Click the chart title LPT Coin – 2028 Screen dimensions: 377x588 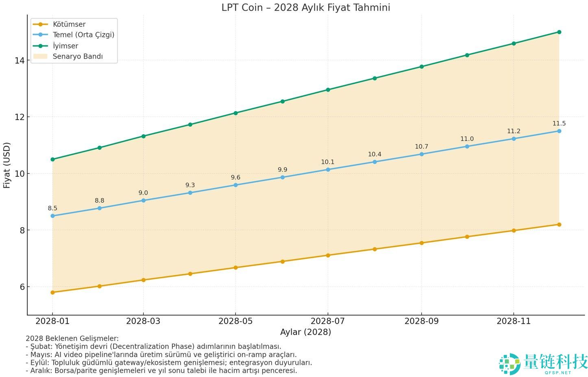pos(305,7)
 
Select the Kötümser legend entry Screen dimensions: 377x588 pos(69,24)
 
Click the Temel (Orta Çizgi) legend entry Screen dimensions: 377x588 pos(83,35)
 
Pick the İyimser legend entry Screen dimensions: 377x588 pos(65,46)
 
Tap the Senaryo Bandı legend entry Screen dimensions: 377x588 pos(78,57)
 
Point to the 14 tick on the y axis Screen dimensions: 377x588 pos(19,61)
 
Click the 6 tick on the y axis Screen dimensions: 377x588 pos(22,287)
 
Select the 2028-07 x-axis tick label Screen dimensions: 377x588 pos(328,321)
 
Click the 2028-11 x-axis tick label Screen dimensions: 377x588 pos(514,321)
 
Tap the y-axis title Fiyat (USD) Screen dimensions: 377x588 pos(7,165)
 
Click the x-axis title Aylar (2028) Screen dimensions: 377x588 pos(305,332)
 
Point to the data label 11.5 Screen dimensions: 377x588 pos(559,124)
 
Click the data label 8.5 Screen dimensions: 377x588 pos(52,208)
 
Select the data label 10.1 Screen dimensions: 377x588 pos(327,162)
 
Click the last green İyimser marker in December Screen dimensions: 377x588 pos(559,32)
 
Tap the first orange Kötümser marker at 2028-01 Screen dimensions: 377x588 pos(52,292)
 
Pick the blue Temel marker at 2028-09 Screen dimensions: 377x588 pos(421,154)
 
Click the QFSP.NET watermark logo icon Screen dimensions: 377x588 pos(510,364)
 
